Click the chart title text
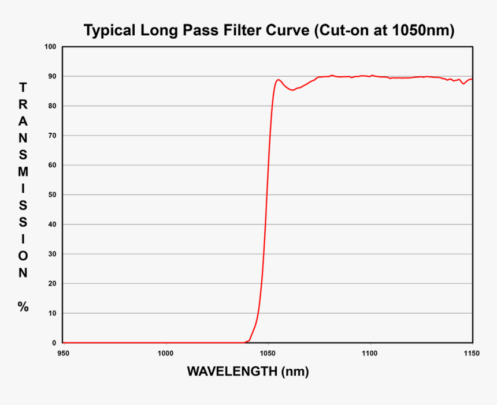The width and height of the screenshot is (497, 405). tap(269, 31)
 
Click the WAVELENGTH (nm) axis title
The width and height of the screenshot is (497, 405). tap(248, 372)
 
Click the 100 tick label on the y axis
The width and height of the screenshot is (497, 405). tap(51, 47)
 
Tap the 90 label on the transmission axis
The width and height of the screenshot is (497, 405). tap(53, 76)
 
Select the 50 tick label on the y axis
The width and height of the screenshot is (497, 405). tap(53, 195)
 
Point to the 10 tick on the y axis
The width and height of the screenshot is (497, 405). tap(53, 313)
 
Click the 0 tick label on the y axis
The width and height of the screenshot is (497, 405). tap(54, 343)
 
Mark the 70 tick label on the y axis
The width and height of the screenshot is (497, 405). tap(53, 136)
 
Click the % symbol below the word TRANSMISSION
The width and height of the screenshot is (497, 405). tap(23, 307)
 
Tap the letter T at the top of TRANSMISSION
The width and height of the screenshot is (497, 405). tap(23, 88)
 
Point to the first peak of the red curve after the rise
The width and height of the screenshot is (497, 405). tap(279, 80)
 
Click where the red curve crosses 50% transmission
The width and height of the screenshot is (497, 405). tap(266, 194)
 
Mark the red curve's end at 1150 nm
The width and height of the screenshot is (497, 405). tap(472, 79)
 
